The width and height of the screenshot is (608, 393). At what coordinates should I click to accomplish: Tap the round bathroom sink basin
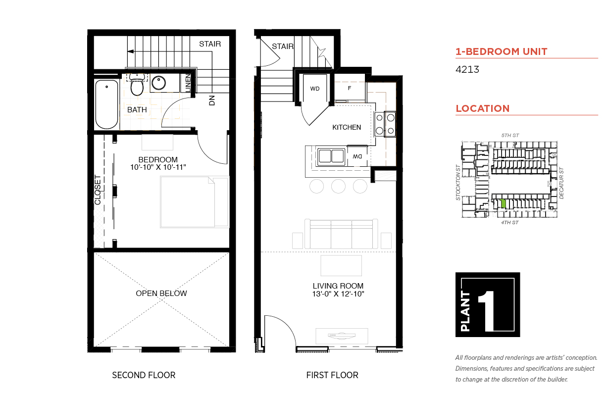pos(158,83)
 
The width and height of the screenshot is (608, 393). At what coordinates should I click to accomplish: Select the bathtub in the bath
pos(106,104)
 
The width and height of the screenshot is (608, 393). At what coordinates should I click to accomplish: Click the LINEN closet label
pos(188,83)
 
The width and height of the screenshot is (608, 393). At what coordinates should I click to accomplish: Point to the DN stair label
pos(212,100)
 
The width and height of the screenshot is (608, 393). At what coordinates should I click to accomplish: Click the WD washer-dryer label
pos(315,89)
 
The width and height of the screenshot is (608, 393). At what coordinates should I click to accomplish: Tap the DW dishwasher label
pos(357,156)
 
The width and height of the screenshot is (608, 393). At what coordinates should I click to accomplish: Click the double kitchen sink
pos(331,156)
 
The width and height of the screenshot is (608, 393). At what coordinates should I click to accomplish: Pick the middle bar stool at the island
pos(338,186)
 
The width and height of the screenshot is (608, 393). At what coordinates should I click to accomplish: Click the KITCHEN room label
pos(347,127)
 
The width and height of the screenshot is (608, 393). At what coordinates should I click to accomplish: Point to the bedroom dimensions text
pos(158,167)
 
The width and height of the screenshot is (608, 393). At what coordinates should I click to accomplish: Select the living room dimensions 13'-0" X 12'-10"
pos(338,294)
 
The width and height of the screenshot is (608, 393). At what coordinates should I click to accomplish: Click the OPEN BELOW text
pos(161,293)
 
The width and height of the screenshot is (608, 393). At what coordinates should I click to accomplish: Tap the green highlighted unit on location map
pos(503,203)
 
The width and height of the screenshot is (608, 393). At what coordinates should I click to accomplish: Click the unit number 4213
pos(467,69)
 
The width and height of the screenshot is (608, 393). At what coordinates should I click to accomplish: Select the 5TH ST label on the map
pos(510,135)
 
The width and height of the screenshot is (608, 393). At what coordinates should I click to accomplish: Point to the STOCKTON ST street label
pos(458,182)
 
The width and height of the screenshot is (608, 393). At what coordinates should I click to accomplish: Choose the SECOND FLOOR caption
pos(144,375)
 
